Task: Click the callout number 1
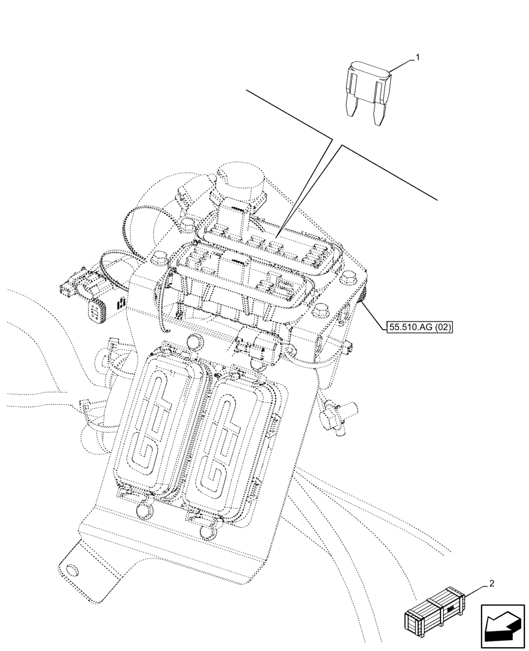(418, 57)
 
